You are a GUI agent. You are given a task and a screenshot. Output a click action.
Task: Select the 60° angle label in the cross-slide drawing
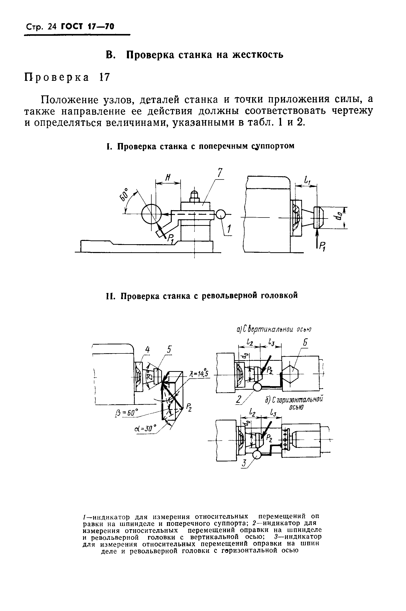point(124,195)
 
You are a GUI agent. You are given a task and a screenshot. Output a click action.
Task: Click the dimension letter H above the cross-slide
point(168,177)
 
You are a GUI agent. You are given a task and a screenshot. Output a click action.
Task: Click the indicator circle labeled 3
point(256,455)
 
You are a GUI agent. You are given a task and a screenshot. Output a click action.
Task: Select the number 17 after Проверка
point(105,77)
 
